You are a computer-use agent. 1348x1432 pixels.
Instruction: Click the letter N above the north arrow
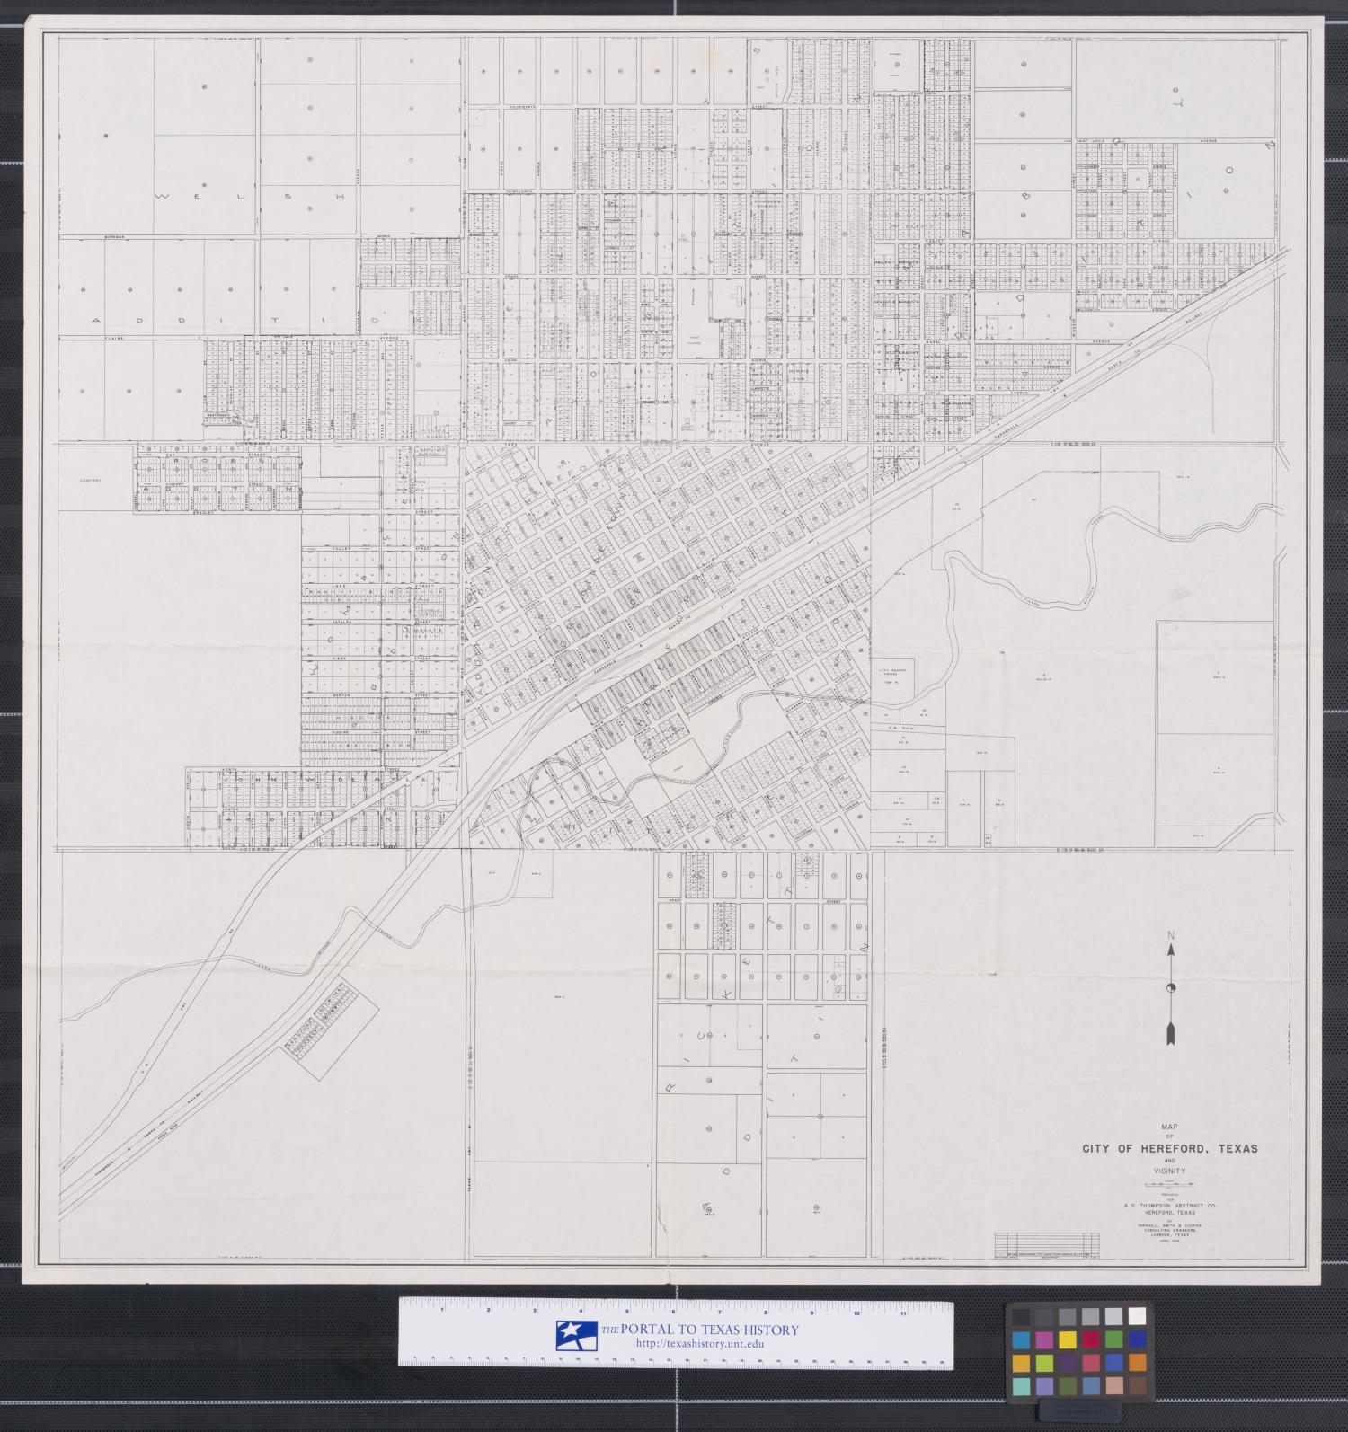pos(1171,936)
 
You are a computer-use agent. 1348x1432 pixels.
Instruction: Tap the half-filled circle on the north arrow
pos(1171,988)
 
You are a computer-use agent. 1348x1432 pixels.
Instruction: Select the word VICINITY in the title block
pos(1171,1171)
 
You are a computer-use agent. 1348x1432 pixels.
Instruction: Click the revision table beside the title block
pos(1047,1244)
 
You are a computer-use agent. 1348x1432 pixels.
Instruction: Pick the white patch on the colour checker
pos(1136,1317)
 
